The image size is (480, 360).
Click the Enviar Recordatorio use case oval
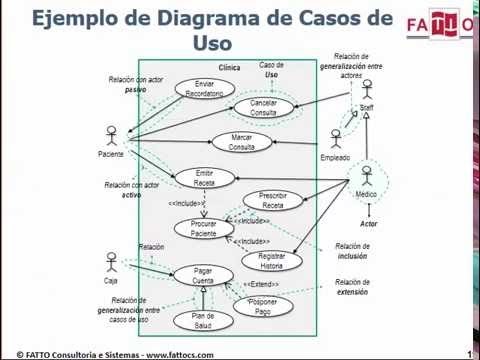(204, 88)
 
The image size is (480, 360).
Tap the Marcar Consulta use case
(241, 142)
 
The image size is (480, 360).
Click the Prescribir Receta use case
(273, 200)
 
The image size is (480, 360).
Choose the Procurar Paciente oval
(204, 228)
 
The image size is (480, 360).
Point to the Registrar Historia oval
(272, 261)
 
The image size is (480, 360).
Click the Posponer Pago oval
(262, 305)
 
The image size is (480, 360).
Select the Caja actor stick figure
(110, 264)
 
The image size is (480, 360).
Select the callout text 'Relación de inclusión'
(352, 250)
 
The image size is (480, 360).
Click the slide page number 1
(470, 353)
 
